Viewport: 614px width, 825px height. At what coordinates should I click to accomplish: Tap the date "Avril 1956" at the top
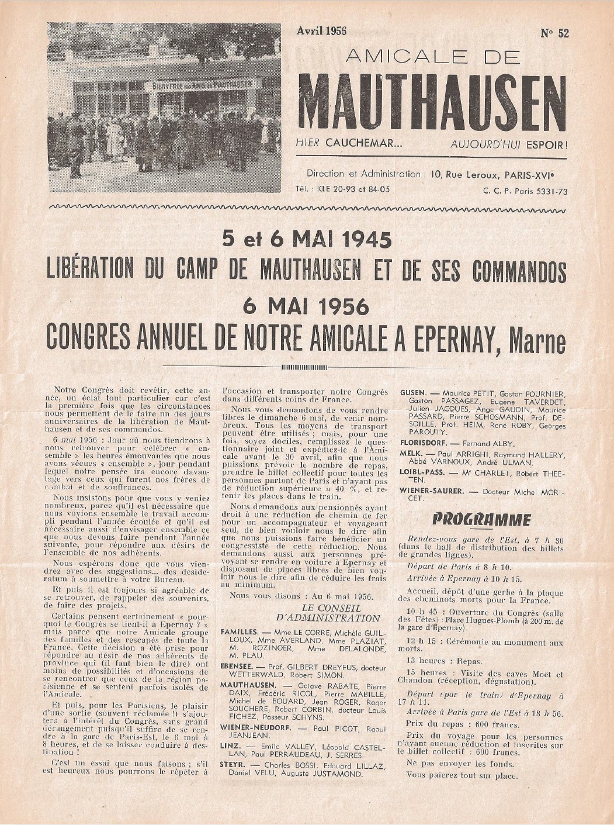[321, 31]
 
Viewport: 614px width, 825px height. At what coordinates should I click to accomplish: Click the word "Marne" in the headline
[538, 340]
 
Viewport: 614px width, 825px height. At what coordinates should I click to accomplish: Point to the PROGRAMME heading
[481, 520]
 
